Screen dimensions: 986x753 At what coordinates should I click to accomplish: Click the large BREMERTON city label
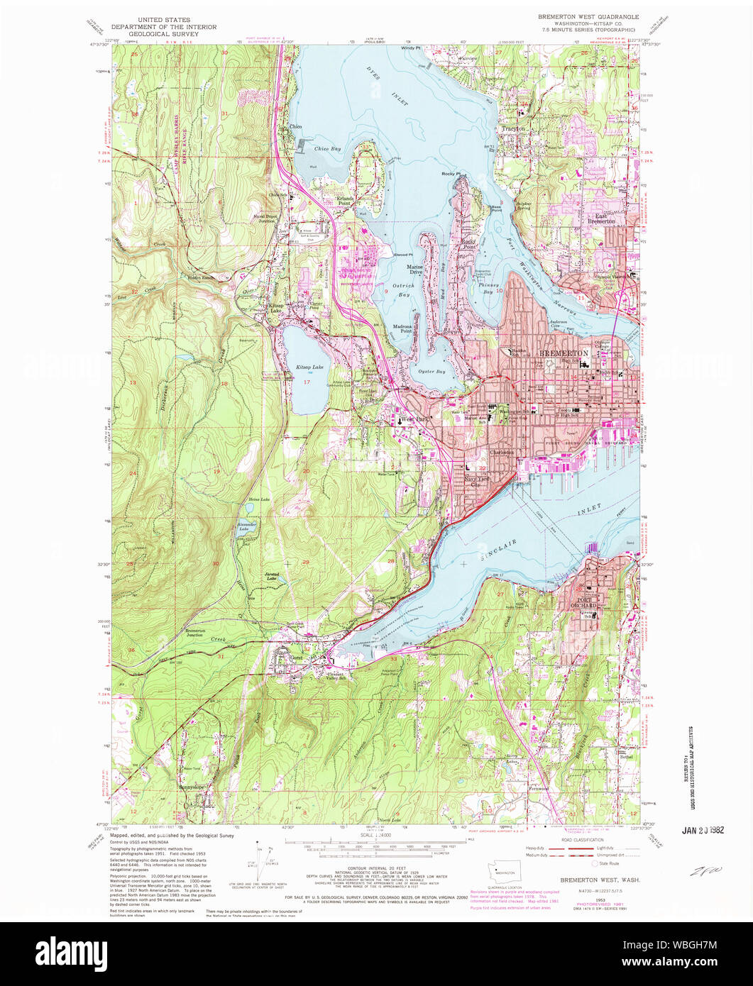pos(564,353)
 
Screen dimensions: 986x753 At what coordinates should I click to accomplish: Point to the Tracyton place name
pos(513,129)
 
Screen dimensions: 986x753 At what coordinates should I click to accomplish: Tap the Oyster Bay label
pos(432,372)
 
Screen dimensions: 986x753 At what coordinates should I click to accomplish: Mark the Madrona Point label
pos(403,328)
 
